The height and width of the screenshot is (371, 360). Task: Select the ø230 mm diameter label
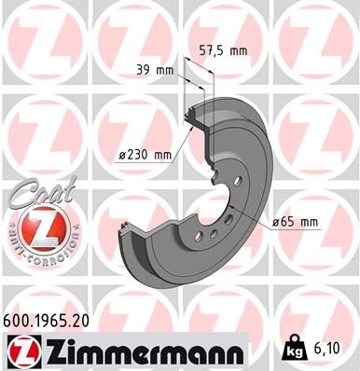coord(145,155)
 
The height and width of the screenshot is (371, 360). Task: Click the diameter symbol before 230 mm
coord(122,155)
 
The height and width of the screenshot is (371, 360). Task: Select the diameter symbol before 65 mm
coord(276,221)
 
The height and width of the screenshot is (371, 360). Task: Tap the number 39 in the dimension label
coord(143,70)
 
